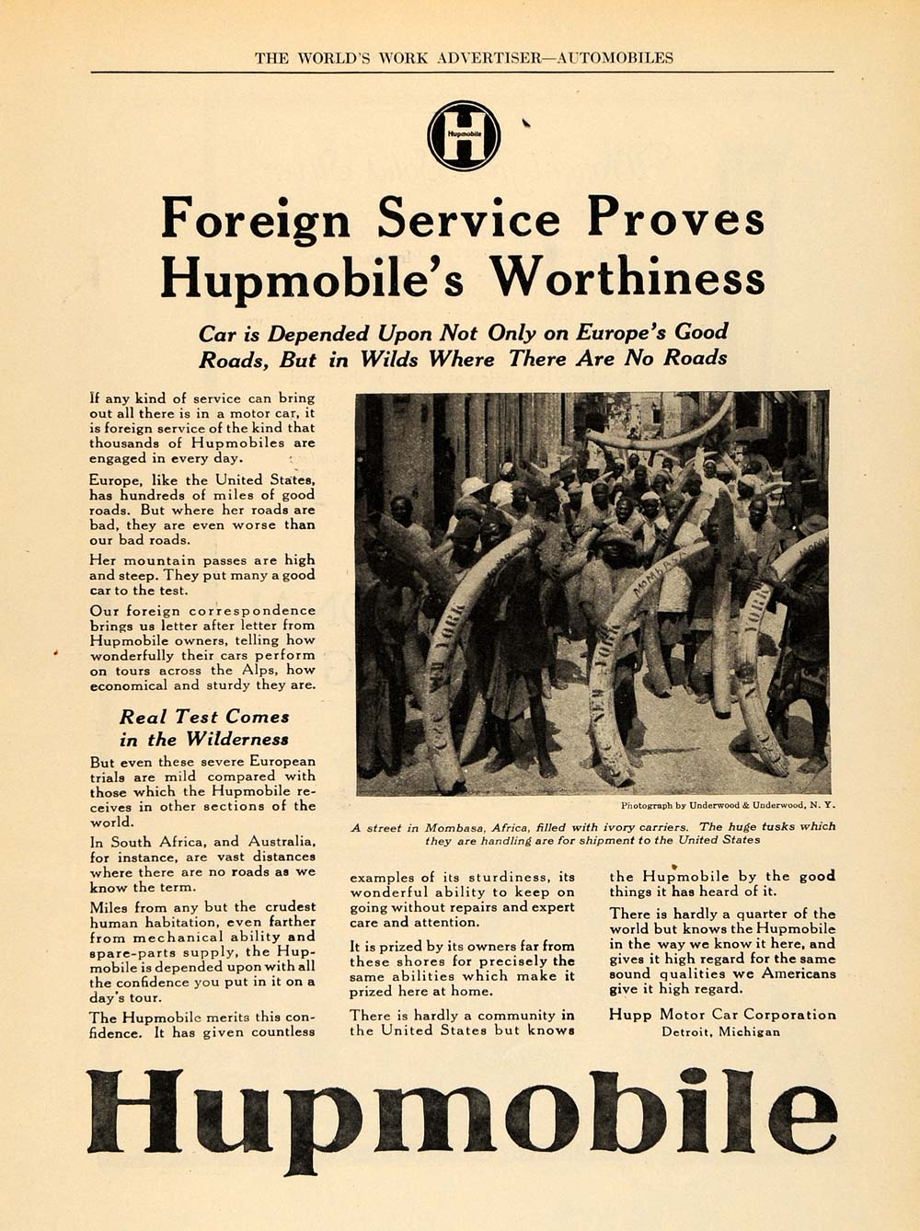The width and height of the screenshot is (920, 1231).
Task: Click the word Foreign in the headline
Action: click(x=255, y=219)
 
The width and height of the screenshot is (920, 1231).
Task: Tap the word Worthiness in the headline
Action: click(x=626, y=276)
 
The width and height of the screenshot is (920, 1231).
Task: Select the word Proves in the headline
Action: click(x=675, y=219)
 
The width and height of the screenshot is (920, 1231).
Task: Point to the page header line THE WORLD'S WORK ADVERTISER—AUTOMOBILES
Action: click(x=464, y=58)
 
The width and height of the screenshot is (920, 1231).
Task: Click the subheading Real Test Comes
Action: click(x=204, y=717)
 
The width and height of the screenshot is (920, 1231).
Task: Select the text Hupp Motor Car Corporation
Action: click(x=722, y=1015)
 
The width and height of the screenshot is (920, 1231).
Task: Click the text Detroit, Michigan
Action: click(x=720, y=1031)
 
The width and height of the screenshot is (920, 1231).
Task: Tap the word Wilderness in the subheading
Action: click(x=237, y=740)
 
